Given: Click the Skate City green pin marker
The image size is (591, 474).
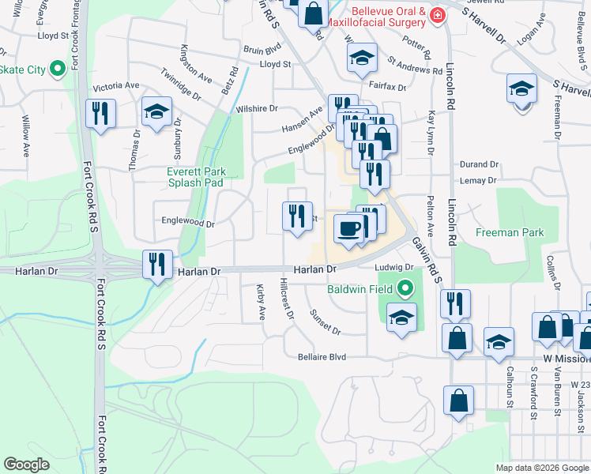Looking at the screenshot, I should [58, 70].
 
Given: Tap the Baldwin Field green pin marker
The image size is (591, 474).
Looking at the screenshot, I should [406, 288].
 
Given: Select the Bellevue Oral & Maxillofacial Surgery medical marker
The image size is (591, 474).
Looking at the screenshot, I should [437, 15].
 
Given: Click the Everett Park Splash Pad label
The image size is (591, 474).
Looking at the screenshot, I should [196, 177].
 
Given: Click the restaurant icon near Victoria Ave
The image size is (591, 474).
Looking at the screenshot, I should [100, 113].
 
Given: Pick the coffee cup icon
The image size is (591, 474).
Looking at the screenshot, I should [348, 228].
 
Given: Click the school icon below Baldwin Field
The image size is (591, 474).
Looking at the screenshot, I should [402, 318].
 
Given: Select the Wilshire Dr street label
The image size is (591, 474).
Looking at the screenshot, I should [262, 108].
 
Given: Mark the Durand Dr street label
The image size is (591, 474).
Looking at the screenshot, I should [480, 164].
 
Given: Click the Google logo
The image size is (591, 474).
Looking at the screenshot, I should [27, 464].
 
